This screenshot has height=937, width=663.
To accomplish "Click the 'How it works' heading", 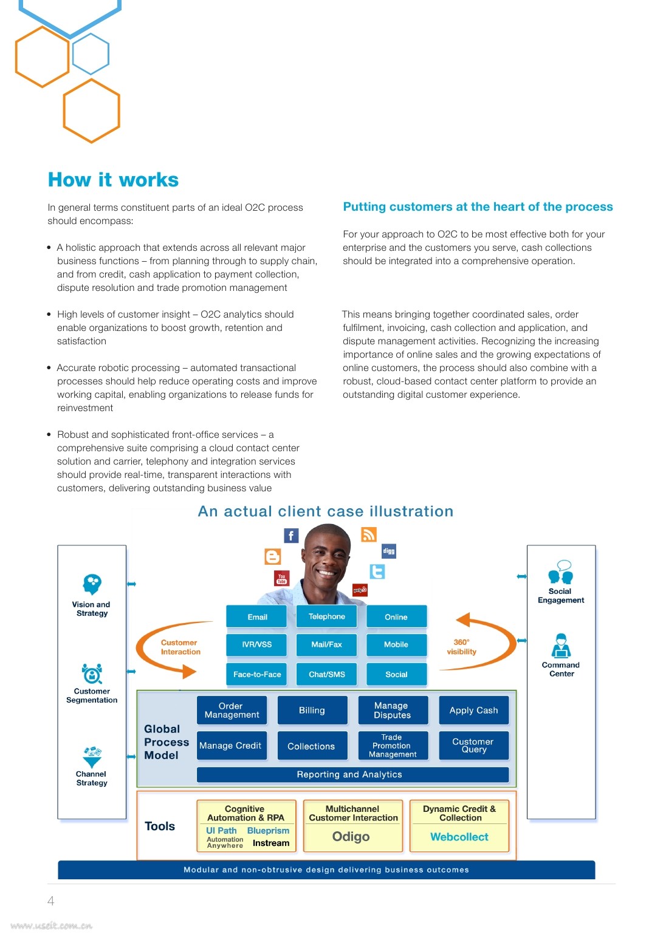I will [113, 180].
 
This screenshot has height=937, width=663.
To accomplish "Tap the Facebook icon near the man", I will [291, 536].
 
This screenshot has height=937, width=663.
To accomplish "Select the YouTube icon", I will [281, 578].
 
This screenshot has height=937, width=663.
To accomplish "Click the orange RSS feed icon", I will [369, 534].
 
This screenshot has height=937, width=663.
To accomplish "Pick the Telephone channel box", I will [326, 616].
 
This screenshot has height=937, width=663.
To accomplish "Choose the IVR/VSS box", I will [256, 644].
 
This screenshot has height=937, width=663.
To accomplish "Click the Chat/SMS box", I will [326, 674].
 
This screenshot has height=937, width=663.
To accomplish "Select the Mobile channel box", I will [396, 644].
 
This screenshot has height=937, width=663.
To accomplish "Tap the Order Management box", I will [232, 710].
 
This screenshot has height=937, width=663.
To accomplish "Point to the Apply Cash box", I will [473, 710].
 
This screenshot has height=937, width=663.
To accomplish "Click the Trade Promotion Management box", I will [392, 746].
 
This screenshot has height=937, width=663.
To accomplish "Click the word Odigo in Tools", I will [351, 837].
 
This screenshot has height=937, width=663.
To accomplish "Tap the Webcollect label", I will [459, 837].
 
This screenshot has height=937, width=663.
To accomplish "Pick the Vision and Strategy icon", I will [92, 584].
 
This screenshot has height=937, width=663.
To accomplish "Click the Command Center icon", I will [561, 646].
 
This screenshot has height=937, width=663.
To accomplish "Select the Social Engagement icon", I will [560, 573].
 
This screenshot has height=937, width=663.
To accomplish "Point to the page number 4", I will [51, 901].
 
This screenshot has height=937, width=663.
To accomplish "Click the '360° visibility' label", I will [462, 647].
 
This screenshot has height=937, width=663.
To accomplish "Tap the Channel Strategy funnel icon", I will [92, 757].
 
